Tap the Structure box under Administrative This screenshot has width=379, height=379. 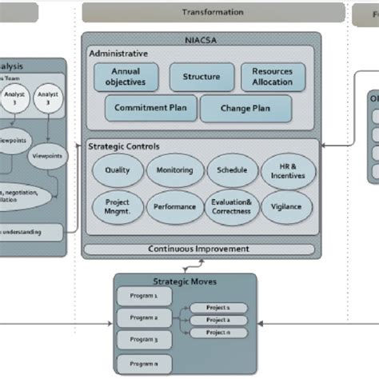(201, 77)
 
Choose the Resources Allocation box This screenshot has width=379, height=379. (273, 77)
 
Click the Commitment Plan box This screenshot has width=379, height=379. (149, 109)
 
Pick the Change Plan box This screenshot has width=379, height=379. (236, 109)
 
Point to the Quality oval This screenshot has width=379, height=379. (117, 171)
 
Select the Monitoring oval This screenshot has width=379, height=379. (174, 171)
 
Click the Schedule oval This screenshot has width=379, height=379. (232, 171)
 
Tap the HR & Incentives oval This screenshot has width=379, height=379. (287, 171)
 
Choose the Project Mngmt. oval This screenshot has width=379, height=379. (117, 206)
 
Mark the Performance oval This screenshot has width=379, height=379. (174, 206)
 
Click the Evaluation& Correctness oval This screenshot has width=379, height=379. (232, 206)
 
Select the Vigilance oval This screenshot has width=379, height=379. (287, 206)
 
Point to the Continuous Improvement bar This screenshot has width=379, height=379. (201, 249)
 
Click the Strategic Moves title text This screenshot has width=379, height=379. (185, 281)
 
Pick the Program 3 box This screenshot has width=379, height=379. (144, 339)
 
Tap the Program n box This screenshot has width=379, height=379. (144, 365)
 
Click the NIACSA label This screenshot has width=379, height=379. (201, 40)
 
